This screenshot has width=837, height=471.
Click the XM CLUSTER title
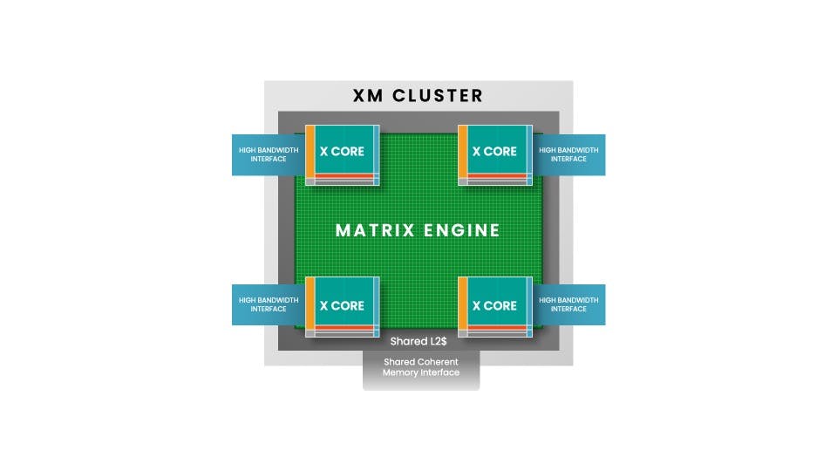coord(418,96)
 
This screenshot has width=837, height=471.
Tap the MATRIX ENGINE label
coord(418,231)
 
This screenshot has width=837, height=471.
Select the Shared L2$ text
coord(419,340)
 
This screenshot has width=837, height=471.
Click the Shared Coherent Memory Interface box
coord(421,367)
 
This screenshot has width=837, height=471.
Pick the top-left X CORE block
coord(342,151)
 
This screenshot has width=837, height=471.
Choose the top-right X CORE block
coord(494,151)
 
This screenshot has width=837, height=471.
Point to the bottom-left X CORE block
coord(342,305)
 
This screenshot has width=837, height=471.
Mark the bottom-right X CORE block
coord(494,305)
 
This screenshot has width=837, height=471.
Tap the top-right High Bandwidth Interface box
coord(569,154)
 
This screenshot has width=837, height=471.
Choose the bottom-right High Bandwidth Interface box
coord(569,304)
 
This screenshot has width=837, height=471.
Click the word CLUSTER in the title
coord(438,96)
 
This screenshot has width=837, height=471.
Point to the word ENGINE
coord(462,231)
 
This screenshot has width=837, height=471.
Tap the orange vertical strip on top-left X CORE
coord(310,154)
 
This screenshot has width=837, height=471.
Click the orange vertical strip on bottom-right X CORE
coord(463,304)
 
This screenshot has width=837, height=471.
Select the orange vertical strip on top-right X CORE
coord(463,154)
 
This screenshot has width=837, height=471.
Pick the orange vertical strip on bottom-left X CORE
coord(310,304)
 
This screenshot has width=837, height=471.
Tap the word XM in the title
coord(369,96)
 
